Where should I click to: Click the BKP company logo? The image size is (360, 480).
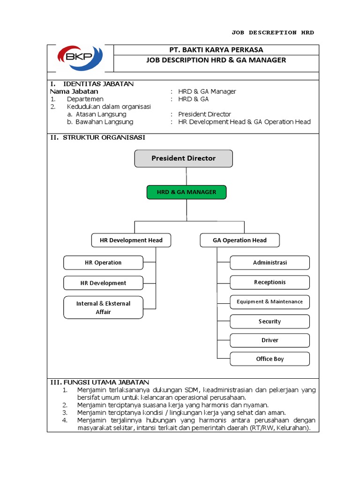pos(80,58)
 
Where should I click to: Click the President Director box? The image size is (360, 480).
pos(183,158)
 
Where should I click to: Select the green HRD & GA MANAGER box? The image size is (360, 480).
pos(186,192)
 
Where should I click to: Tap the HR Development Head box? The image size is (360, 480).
pos(131,240)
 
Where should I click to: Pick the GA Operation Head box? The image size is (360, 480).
pos(240,240)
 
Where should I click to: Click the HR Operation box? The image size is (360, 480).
pos(103,263)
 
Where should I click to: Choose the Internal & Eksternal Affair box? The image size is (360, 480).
pos(103,307)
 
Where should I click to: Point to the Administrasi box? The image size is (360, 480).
pos(270,263)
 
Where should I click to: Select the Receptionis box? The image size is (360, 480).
pos(270,283)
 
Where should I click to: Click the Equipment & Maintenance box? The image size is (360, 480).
pos(270,302)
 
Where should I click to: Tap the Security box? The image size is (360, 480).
pos(270,322)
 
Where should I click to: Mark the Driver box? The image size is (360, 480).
pos(270,340)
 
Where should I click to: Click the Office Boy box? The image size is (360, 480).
pos(270,359)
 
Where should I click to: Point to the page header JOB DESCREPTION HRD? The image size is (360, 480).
pos(273,33)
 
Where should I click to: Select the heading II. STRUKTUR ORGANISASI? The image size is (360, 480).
pos(98,137)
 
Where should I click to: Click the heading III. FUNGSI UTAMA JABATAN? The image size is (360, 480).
pos(99,382)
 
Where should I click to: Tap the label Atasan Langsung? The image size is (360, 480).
pos(101,114)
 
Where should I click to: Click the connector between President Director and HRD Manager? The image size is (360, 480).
pos(186,176)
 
